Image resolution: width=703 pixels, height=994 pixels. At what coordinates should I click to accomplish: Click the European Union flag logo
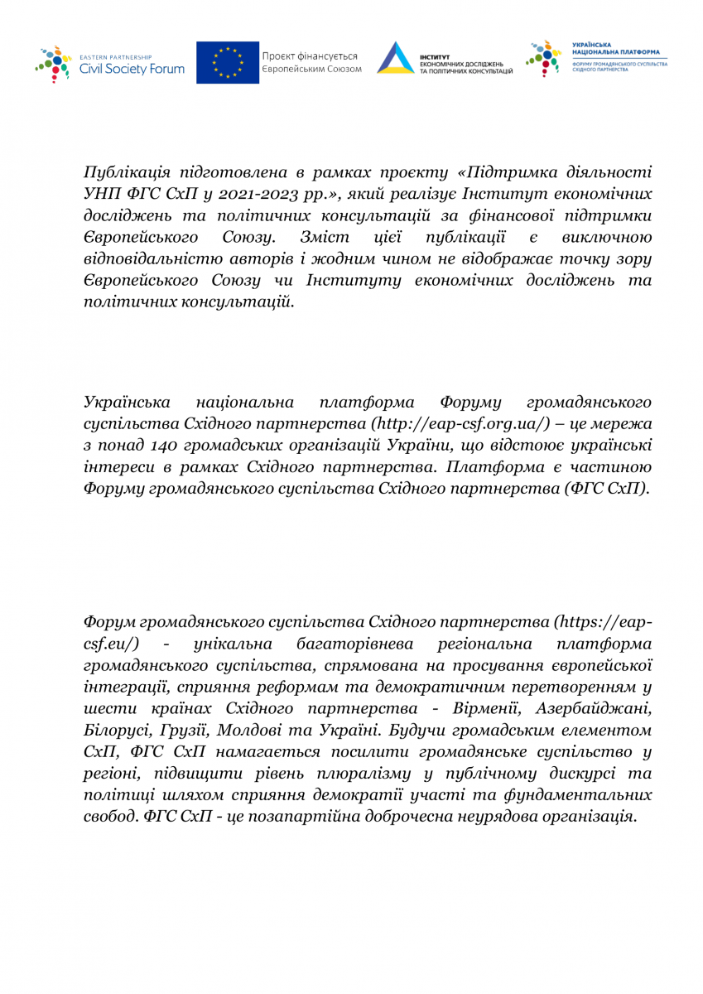click(224, 63)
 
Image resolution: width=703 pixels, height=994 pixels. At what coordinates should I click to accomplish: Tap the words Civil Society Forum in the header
click(132, 70)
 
